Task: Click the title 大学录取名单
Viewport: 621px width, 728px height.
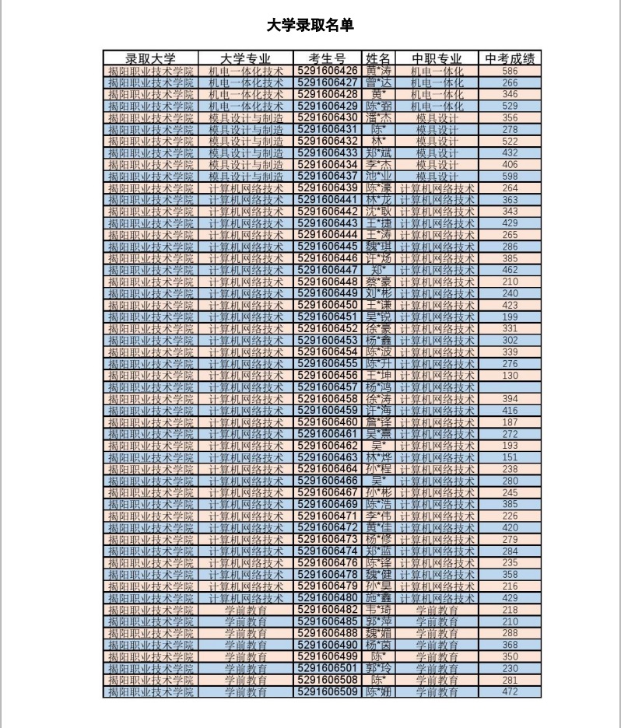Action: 310,26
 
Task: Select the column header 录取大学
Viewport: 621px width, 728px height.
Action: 151,58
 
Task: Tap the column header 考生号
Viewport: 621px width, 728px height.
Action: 327,58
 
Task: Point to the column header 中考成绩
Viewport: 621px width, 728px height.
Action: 510,58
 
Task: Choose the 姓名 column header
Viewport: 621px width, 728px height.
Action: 380,58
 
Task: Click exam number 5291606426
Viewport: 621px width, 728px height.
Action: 327,71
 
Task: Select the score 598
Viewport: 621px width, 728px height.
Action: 510,177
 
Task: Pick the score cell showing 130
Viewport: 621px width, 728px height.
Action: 510,376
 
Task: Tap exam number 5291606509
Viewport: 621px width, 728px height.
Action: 327,692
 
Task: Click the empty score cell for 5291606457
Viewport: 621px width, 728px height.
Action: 510,387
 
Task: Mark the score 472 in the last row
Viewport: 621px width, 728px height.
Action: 510,692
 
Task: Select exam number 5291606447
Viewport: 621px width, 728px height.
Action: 327,270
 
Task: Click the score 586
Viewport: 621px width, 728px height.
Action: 510,71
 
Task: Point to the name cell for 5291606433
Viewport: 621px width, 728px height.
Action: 380,152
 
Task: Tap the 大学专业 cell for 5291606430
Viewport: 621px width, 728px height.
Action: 246,117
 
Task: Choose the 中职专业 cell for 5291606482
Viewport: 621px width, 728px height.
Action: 437,610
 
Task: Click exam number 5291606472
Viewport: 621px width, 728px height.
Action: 327,528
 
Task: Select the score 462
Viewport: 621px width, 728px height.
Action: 510,270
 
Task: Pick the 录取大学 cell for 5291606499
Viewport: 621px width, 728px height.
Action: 151,656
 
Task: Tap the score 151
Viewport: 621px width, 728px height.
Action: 510,457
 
